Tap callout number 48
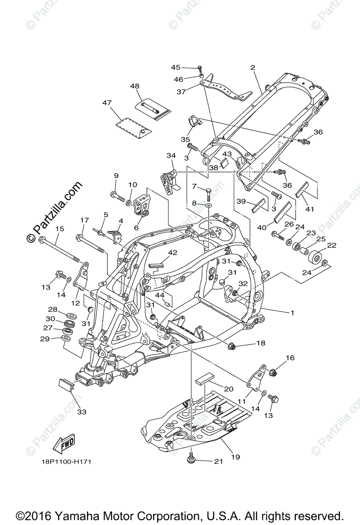(x=134, y=87)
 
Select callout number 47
(x=107, y=103)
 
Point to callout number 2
(x=252, y=67)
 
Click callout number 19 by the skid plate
(x=235, y=457)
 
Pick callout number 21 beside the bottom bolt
(x=217, y=461)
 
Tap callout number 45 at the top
(x=175, y=67)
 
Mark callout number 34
(x=171, y=156)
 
